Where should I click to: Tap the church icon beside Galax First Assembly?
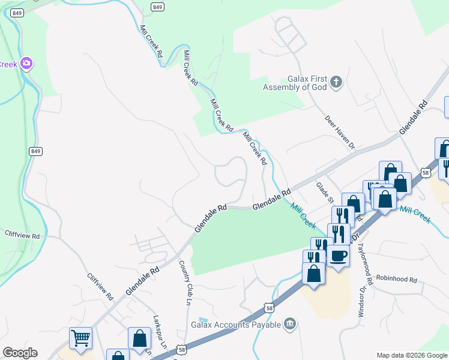(336, 82)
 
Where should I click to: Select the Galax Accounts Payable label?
(235, 325)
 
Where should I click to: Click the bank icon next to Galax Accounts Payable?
(290, 324)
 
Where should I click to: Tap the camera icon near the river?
(26, 63)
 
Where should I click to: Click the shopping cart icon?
(80, 337)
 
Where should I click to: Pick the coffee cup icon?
(338, 256)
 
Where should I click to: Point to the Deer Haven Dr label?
(340, 132)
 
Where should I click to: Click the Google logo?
(20, 353)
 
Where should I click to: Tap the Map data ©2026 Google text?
(412, 355)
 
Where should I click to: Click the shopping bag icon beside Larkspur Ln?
(139, 337)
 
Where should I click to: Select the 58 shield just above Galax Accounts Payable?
(269, 308)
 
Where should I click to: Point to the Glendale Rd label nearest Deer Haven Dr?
(414, 114)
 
